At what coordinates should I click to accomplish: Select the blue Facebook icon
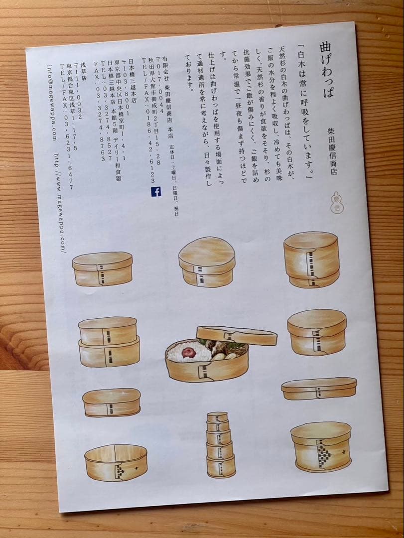coord(156,191)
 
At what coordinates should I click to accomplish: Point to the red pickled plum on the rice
coord(189,352)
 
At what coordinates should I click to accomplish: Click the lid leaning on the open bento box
coord(236,335)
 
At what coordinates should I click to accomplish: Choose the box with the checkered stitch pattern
coord(321,447)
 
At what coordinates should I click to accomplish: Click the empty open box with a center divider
coord(116,462)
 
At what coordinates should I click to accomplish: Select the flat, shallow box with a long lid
coord(319,388)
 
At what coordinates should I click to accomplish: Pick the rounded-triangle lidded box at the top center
coord(207,262)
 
